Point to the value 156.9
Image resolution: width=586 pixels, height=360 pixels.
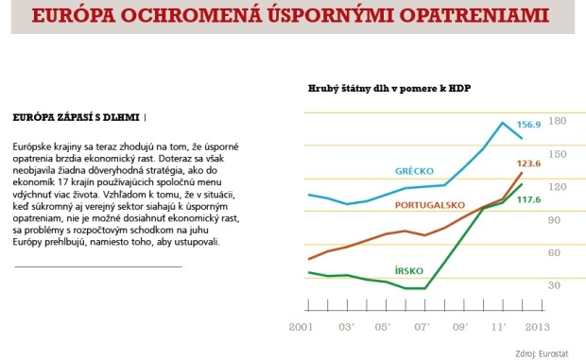527,125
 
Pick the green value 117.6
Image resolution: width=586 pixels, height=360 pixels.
527,199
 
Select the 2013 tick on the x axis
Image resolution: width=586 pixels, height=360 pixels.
537,326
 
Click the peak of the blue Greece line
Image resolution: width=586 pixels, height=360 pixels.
503,123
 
